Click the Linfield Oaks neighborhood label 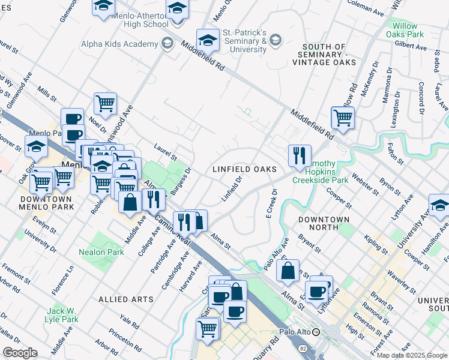245,169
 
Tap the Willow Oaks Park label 408,30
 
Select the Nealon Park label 101,253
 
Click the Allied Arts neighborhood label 121,299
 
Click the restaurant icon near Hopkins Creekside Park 299,155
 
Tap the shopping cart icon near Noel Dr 105,103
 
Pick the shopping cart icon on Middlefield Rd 342,117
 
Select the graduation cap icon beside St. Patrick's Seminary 208,40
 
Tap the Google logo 20,353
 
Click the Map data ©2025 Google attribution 412,355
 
